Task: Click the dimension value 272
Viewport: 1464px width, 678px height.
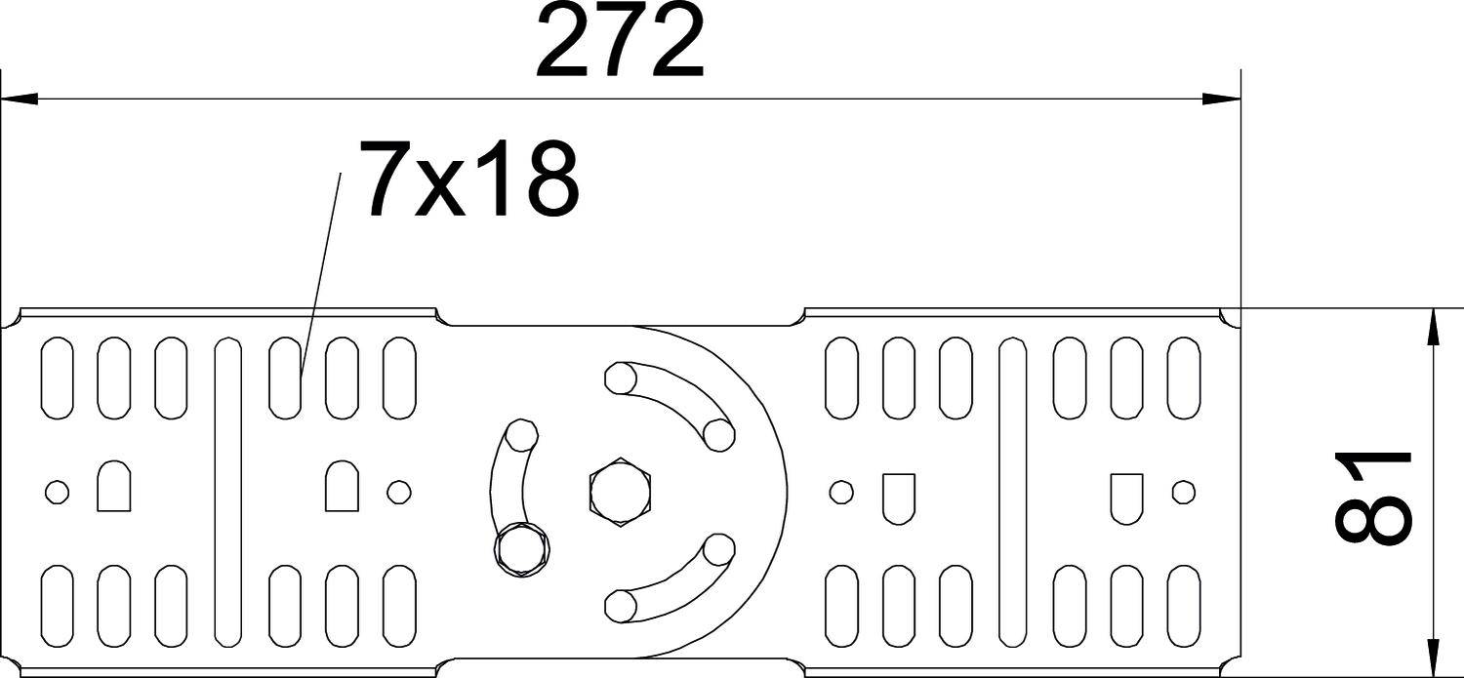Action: [619, 44]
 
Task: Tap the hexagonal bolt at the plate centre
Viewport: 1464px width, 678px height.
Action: [620, 490]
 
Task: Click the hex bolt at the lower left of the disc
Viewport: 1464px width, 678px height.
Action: [521, 551]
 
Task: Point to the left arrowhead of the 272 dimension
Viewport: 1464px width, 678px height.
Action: [20, 99]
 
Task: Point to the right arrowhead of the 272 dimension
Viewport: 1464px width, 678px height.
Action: [1221, 99]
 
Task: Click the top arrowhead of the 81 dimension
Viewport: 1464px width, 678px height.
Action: [1433, 327]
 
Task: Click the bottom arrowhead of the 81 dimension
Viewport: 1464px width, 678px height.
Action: [1433, 658]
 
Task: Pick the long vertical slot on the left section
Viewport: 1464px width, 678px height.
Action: [227, 492]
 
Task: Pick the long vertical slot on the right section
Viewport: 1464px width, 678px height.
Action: [1013, 492]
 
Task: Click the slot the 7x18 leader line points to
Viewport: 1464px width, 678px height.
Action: [284, 377]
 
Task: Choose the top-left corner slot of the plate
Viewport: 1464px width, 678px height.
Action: [58, 377]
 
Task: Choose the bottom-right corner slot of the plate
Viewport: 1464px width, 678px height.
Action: [1183, 606]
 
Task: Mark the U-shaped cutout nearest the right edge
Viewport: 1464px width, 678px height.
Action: [1126, 495]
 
